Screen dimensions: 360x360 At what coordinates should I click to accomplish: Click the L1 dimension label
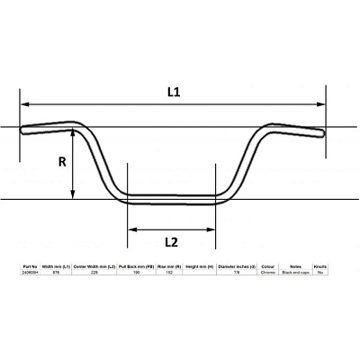coord(173,92)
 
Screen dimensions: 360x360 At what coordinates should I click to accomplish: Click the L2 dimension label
coord(170,241)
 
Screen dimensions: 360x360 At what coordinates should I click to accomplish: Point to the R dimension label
coord(62,163)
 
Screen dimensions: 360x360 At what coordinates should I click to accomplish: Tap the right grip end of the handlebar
coord(322,133)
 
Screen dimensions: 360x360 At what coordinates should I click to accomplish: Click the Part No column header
coord(30,267)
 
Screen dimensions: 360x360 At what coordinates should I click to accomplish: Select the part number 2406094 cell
coord(30,273)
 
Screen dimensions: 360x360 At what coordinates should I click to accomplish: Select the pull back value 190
coord(136,273)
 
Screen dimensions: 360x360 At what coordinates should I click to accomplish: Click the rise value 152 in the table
coord(168,273)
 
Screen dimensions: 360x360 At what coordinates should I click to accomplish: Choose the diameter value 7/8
coord(237,273)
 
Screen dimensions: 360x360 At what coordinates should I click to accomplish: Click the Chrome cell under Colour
coord(268,273)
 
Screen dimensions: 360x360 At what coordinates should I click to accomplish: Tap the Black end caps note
coord(295,273)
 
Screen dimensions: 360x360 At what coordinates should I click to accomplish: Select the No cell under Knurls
coord(320,273)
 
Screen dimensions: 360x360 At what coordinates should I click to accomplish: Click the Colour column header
coord(268,267)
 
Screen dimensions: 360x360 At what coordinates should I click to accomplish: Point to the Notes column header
coord(295,267)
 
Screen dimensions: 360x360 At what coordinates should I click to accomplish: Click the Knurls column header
coord(320,267)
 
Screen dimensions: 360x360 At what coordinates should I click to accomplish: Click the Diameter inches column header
coord(237,267)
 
